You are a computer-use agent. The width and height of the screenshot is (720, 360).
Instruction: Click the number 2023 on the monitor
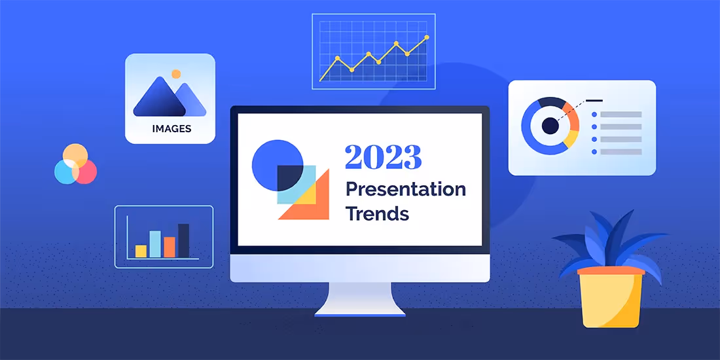click(383, 158)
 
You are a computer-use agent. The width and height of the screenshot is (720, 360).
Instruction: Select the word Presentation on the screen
click(405, 189)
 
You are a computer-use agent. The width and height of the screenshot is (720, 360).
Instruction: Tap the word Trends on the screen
click(377, 213)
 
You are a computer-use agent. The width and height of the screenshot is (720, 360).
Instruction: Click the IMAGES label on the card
click(171, 128)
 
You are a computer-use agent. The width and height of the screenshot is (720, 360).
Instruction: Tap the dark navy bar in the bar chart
click(183, 240)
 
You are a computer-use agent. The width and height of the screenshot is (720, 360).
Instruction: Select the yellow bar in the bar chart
click(141, 251)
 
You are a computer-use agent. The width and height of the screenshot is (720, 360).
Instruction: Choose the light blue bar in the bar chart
click(155, 243)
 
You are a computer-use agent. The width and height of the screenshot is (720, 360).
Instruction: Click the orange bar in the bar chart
click(170, 247)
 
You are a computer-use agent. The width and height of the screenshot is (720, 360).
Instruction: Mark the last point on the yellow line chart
click(427, 38)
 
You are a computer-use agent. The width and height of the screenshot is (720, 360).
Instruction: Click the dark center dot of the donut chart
click(550, 126)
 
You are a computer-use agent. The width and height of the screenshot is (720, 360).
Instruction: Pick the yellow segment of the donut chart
click(571, 138)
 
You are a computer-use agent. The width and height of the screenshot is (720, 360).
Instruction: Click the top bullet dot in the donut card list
click(594, 115)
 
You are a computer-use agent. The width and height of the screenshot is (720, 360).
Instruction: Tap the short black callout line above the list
click(594, 100)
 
